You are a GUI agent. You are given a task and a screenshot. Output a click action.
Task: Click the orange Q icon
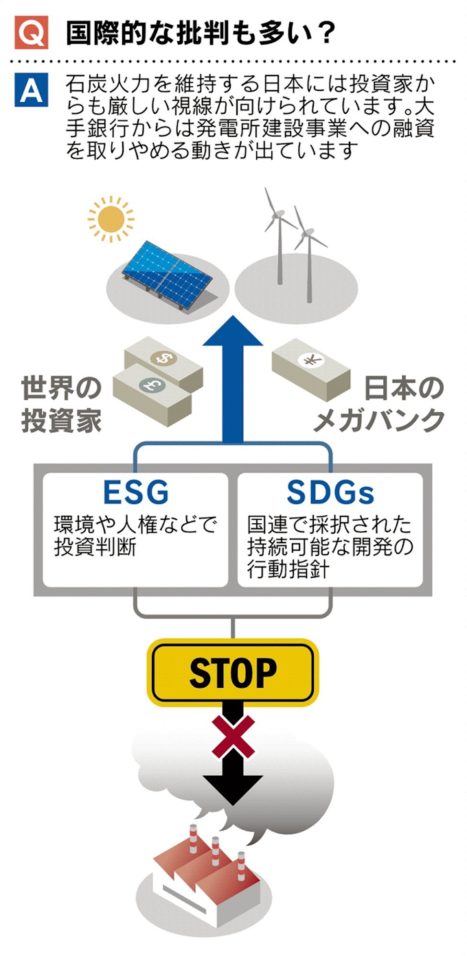tap(31, 32)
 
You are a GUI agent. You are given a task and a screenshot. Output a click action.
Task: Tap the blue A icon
tap(31, 90)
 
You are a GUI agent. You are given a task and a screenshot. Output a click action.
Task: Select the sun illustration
tap(111, 219)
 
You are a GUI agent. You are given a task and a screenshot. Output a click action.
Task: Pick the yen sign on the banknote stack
tap(310, 360)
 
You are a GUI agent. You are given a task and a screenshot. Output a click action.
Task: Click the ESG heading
tap(136, 492)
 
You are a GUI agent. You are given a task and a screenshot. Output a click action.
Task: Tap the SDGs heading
tap(330, 492)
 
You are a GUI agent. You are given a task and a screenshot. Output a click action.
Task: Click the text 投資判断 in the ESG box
tap(95, 547)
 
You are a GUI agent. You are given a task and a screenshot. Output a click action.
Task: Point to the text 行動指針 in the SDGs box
tap(288, 569)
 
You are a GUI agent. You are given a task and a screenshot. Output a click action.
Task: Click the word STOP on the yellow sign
tap(233, 673)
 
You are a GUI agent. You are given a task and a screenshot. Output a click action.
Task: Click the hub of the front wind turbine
tap(306, 233)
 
